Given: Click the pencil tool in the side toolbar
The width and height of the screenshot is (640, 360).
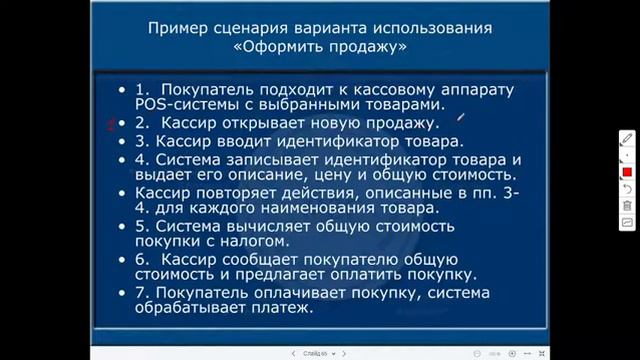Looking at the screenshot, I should click(627, 138).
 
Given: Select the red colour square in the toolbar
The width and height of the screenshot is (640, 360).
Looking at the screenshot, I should click(627, 172).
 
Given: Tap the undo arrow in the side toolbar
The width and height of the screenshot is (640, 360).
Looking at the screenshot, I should click(627, 188).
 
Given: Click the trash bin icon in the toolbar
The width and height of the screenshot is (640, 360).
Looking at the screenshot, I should click(627, 205).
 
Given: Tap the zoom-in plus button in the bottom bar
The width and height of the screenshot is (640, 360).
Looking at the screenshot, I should click(512, 353).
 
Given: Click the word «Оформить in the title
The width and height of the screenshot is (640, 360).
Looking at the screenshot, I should click(277, 46).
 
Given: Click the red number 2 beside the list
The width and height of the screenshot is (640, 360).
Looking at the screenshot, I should click(111, 124).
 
